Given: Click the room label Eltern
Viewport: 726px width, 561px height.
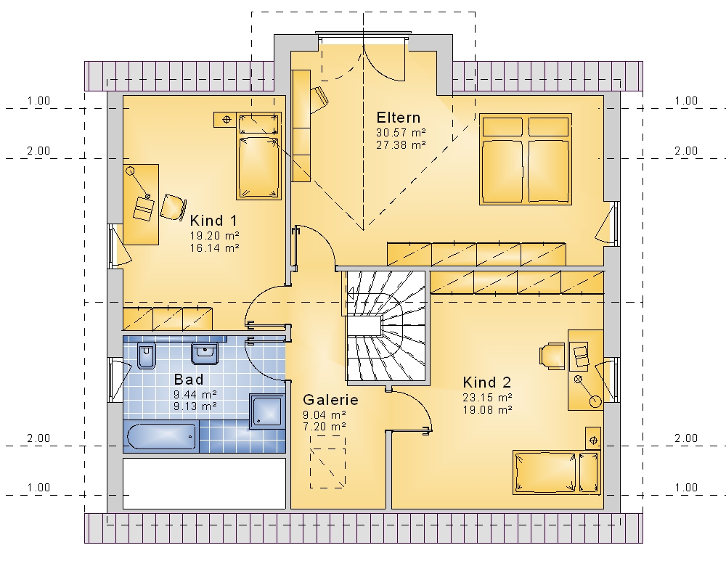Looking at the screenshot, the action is coord(398,117).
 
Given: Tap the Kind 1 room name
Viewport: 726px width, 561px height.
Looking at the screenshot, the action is coord(213,221).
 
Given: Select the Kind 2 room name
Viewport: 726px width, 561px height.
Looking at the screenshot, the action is coord(487,382).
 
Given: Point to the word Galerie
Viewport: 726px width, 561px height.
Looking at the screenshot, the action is coord(330,399).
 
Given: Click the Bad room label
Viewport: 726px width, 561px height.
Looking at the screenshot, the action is coord(189,380).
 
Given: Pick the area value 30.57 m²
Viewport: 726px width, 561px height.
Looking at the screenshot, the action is coord(401,132).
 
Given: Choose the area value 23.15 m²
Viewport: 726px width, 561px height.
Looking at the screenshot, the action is coord(487,398).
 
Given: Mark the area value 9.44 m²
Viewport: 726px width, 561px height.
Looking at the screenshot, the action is coord(195,395).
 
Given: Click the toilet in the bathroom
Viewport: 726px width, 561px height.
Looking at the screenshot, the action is coord(147,356).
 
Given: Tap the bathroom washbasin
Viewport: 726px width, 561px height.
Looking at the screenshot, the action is coord(204,353).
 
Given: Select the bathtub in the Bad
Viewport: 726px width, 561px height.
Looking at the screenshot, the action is coord(160,436).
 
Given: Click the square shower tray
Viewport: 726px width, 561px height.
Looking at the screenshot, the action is coord(266,411).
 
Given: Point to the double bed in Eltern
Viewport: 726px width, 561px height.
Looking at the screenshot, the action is coord(526,159).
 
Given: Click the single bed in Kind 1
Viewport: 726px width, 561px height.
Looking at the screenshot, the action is coord(259,156).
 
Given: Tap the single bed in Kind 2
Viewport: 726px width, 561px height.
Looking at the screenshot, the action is coord(557,472).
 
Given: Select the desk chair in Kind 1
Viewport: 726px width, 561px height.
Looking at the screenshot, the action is coord(174,206).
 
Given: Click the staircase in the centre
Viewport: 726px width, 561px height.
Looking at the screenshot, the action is coord(386,326).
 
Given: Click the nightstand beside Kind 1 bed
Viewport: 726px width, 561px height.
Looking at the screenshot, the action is coord(227,120).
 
